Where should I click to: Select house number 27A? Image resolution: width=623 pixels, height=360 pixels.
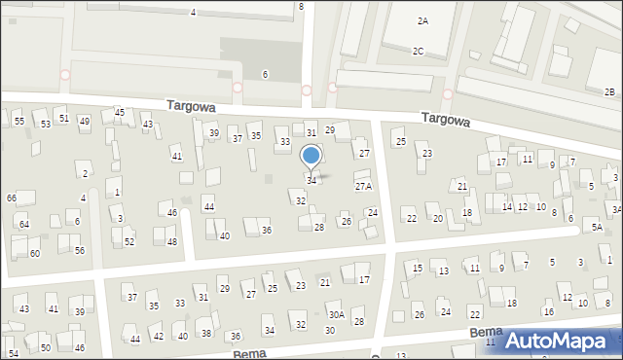363,186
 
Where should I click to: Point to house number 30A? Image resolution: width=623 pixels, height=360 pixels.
336,314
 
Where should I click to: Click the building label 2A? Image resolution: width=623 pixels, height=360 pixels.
422,20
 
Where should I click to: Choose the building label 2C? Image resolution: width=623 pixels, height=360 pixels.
418,51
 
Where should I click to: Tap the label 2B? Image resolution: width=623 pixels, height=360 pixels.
609,91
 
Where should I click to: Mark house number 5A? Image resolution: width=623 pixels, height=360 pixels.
597,228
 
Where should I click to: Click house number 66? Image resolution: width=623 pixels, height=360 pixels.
12,198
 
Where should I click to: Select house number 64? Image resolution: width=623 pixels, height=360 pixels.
24,225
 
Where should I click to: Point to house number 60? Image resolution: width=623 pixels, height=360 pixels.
34,253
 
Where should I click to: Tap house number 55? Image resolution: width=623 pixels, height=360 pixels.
19,122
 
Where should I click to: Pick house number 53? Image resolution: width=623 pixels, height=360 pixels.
45,125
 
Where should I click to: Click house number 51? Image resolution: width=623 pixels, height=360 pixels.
63,118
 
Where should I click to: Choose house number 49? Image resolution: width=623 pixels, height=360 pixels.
85,122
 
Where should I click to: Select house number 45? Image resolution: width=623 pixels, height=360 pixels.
120,113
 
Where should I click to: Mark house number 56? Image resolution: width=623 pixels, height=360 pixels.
80,250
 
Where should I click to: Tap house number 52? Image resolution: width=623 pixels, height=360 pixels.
128,241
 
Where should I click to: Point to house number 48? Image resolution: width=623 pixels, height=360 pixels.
171,241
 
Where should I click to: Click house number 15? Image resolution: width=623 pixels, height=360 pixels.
418,268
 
